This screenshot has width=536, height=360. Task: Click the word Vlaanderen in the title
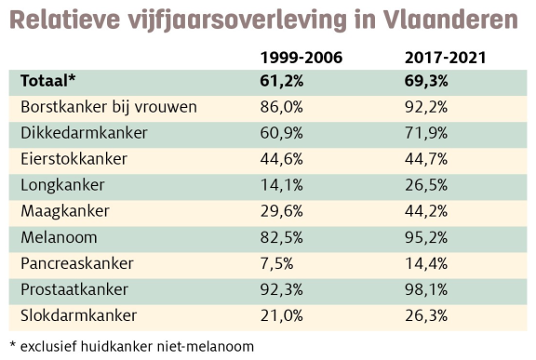point(449,20)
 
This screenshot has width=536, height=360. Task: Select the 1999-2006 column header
point(301,58)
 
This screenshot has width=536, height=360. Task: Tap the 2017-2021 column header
point(445,58)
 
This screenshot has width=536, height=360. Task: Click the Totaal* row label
point(47,81)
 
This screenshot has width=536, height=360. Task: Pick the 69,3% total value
point(426,81)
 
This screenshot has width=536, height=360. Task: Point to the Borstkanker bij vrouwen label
point(109,107)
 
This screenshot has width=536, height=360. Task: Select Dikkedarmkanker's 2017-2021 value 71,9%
point(426,133)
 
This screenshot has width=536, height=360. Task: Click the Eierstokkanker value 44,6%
point(281,159)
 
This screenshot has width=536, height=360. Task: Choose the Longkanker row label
point(62,185)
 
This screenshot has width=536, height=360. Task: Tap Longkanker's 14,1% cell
point(281,185)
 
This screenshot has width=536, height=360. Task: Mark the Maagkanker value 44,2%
point(426,211)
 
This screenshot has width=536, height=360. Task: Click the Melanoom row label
point(59,237)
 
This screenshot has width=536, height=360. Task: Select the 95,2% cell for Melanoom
point(426,237)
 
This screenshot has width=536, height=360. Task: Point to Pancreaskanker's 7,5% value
point(276,263)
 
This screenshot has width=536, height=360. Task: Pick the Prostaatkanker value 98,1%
point(426,289)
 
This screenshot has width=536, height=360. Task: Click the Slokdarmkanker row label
point(78,315)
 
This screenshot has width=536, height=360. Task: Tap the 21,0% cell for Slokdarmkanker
point(281,315)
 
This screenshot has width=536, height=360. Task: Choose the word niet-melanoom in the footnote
point(206,346)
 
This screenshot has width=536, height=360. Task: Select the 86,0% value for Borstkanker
point(281,107)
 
